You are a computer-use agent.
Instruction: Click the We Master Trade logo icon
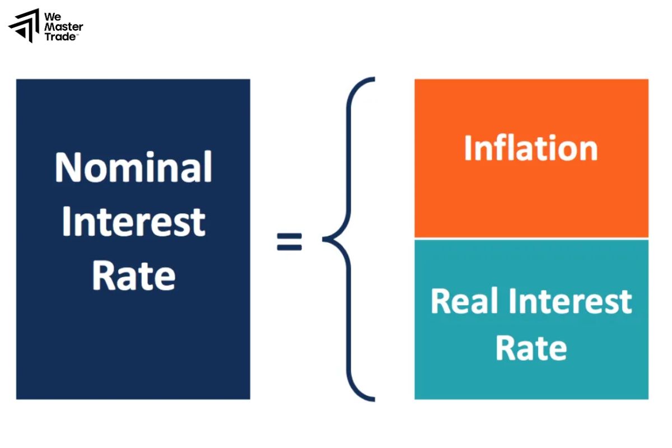click(24, 25)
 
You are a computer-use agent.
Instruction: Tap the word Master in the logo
click(63, 26)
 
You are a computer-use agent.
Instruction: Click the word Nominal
click(134, 167)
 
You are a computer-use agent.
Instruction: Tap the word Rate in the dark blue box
click(134, 275)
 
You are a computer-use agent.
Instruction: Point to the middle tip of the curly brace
click(325, 240)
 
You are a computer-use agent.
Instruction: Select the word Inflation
click(531, 148)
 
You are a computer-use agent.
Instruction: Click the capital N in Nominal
click(67, 167)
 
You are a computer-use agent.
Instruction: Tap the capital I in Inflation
click(468, 148)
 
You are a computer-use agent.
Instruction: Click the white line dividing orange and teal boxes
click(531, 239)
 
